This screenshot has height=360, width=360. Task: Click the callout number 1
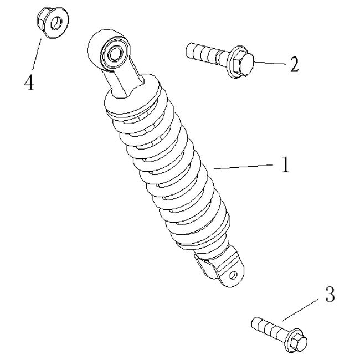(x=285, y=166)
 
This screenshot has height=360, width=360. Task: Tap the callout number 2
(x=294, y=65)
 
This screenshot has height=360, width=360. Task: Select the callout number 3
(x=329, y=295)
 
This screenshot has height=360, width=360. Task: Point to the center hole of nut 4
(x=55, y=23)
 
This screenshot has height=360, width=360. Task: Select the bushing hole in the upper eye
(x=116, y=53)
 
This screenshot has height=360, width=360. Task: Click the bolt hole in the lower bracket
(x=233, y=274)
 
